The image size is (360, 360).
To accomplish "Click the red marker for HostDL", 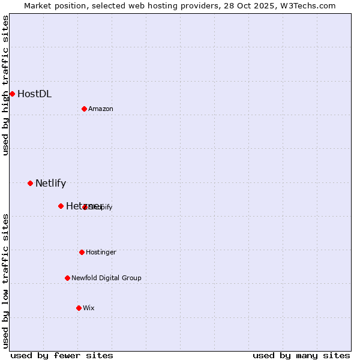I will click(12, 94).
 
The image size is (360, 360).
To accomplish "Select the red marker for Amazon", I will click(84, 109).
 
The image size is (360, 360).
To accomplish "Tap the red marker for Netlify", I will click(30, 183).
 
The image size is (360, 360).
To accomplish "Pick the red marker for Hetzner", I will click(61, 206).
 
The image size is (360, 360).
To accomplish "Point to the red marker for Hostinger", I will click(82, 252).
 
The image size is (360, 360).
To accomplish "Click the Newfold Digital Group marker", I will click(67, 278).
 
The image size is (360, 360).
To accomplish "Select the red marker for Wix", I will click(79, 308).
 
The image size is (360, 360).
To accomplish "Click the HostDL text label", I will click(34, 94).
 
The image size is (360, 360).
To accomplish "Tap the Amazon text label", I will click(101, 109).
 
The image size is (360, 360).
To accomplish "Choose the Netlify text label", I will click(50, 184).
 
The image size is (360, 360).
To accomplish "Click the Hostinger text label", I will click(101, 252).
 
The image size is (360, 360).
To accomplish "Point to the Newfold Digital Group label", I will click(106, 278).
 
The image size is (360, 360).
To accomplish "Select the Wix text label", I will click(89, 308).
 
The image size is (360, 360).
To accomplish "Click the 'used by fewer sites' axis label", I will click(62, 356).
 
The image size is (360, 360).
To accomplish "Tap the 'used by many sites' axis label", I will click(301, 356).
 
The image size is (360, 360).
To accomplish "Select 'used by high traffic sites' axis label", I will click(6, 85).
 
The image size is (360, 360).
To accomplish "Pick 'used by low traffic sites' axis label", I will click(6, 280).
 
